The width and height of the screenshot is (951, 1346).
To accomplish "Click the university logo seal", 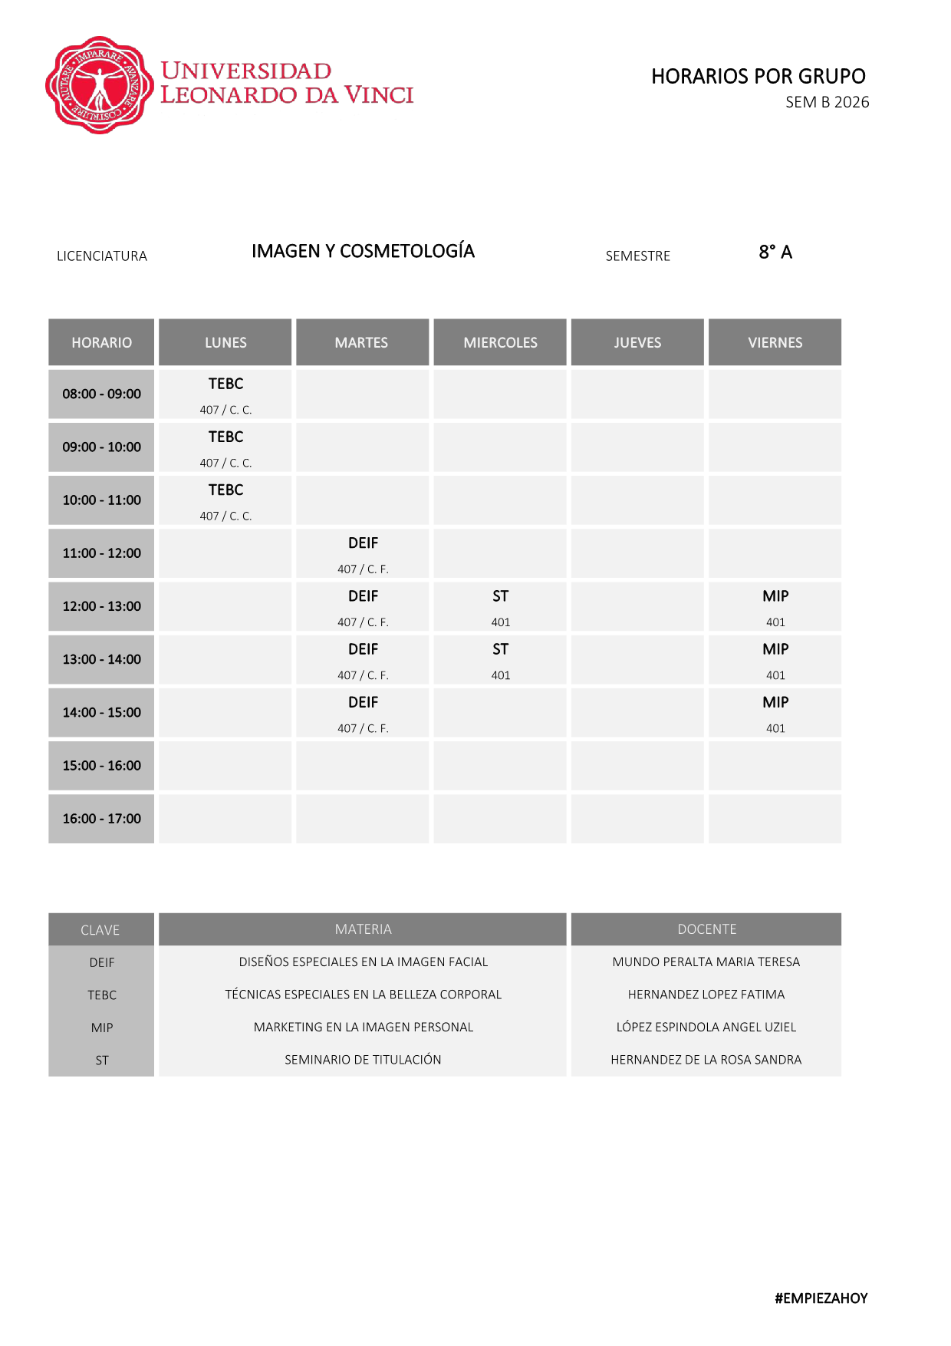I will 99,85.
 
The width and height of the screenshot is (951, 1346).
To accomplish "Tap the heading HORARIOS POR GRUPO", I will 758,77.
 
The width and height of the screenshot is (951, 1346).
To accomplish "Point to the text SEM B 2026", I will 827,102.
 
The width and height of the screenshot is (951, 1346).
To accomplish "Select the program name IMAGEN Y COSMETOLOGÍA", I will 363,252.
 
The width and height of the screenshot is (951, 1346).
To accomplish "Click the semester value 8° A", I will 775,252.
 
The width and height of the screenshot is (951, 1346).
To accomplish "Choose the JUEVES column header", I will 637,342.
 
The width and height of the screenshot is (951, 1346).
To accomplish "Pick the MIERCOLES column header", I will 500,342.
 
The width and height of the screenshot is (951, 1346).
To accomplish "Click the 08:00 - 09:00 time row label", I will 101,394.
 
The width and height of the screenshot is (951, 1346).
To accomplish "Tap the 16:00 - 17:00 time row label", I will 101,819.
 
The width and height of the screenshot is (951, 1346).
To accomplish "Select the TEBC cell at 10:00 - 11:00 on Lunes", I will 225,500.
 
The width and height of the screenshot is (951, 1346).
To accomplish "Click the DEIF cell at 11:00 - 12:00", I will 363,553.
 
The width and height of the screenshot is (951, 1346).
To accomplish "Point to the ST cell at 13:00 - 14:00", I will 500,659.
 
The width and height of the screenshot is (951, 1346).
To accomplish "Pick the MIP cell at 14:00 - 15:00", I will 775,713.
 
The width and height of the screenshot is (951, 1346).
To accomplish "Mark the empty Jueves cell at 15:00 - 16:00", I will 637,766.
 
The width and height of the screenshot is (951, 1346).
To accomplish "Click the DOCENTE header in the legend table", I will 706,929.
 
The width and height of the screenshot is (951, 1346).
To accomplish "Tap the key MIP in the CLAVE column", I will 101,1028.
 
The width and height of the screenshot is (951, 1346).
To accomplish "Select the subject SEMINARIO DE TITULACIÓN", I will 363,1060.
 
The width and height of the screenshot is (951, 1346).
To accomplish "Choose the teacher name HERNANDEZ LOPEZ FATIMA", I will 706,995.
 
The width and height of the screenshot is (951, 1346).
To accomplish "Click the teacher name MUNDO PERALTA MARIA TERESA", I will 706,962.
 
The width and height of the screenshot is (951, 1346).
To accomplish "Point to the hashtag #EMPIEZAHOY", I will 821,1298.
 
